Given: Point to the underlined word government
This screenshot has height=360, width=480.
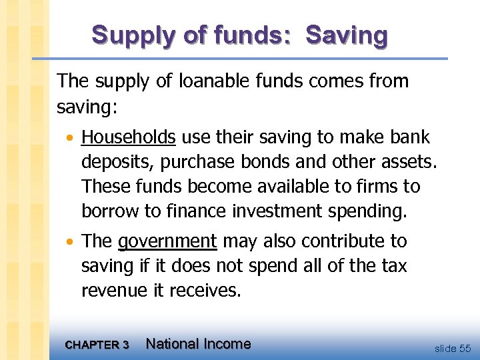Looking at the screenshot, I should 167,241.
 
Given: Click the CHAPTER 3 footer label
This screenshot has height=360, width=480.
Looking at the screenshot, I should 97,345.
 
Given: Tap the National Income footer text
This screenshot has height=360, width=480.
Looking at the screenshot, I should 198,344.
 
